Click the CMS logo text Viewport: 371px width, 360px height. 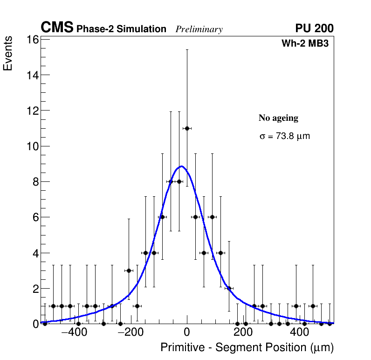tap(57, 28)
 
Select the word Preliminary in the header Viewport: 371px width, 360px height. tap(199, 29)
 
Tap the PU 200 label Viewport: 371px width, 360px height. tap(314, 28)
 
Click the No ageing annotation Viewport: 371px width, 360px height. tap(278, 118)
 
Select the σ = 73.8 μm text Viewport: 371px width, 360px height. tap(284, 137)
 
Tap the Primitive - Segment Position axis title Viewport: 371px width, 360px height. tap(247, 347)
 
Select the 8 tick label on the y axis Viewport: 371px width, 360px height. tap(36, 182)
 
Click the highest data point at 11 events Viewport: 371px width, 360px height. tap(187, 128)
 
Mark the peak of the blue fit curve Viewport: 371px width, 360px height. tap(181, 166)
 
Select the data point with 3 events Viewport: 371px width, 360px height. tap(129, 270)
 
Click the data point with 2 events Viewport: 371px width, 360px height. tap(229, 288)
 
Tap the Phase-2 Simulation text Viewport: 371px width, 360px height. tap(121, 29)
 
